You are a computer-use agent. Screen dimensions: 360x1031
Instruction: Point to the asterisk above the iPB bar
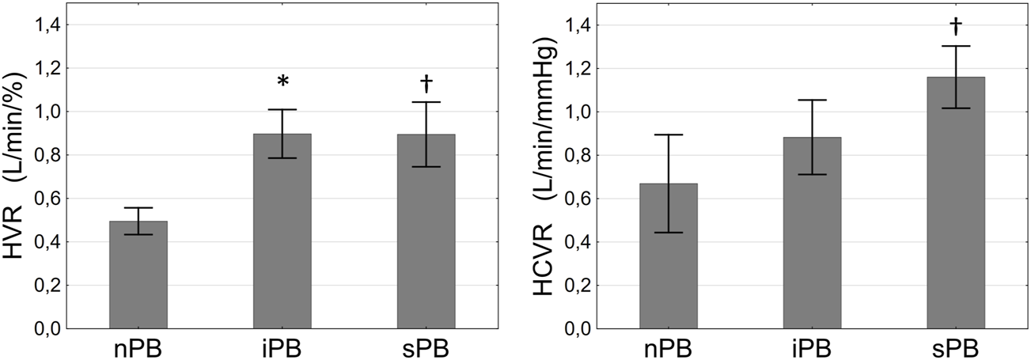pos(282,82)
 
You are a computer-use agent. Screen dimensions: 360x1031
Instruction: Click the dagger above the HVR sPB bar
pos(426,82)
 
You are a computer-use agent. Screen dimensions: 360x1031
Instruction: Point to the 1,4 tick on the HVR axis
pos(47,25)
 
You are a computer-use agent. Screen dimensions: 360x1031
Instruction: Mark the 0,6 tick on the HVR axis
pos(47,199)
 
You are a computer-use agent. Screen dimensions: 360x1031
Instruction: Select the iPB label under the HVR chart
pos(282,347)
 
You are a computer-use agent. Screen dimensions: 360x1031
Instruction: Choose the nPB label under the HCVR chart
pos(669,347)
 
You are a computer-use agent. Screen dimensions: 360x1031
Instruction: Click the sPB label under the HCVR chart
pos(955,347)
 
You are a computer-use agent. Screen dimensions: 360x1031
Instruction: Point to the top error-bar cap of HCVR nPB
pos(669,135)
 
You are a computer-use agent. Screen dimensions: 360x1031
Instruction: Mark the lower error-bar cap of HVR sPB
pos(426,167)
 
